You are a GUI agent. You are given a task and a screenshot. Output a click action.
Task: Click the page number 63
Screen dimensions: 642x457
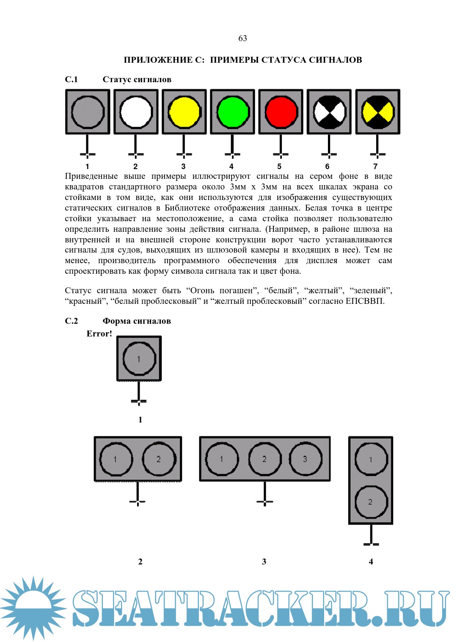242,38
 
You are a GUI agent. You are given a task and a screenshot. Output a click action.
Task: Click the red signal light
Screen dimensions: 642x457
281,112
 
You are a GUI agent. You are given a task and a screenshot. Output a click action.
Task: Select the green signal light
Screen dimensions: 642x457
232,112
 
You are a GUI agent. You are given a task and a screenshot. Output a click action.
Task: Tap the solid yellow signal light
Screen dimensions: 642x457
184,112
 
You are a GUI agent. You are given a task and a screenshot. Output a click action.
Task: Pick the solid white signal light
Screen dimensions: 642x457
136,112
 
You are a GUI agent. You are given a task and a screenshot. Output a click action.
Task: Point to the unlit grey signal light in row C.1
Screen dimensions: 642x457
88,112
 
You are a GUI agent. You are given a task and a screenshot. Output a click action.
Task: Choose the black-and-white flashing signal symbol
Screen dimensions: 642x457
329,112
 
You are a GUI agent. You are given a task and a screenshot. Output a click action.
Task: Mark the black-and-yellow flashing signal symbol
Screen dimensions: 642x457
377,112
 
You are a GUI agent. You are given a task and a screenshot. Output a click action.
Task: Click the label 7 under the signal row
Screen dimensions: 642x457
375,167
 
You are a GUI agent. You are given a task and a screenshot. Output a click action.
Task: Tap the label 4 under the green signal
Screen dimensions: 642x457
231,167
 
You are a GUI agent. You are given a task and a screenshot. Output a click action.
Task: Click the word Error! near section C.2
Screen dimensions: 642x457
99,334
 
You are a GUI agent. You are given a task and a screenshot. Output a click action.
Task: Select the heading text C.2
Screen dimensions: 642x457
72,321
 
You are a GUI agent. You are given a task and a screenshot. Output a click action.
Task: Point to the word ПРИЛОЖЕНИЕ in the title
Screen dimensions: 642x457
158,60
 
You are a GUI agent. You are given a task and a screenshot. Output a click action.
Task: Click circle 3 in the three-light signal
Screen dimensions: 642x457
305,459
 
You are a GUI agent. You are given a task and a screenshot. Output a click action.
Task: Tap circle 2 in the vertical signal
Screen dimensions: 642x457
371,502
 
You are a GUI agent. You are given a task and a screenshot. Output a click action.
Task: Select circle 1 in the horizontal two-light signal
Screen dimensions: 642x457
116,459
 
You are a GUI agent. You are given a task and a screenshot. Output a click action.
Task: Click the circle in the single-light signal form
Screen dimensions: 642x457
139,359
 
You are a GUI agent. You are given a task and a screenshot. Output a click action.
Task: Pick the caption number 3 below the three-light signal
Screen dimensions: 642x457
264,561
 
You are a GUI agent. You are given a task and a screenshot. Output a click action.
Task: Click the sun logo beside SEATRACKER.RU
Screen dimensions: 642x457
33,608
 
